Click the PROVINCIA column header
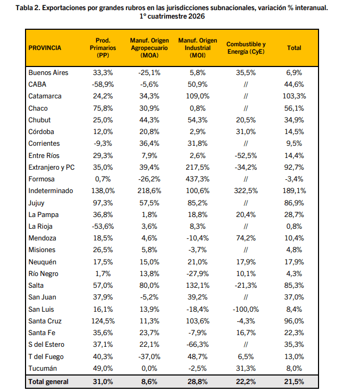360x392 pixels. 45,48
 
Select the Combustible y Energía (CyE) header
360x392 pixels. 246,48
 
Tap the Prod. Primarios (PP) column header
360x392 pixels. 103,48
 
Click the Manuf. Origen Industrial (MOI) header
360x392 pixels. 197,48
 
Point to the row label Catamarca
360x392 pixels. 45,96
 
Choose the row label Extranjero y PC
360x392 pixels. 52,167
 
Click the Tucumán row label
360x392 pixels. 43,368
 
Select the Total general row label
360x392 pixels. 48,382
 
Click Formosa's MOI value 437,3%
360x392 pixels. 197,179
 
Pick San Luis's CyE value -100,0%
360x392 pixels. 246,309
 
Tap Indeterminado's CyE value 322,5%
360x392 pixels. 246,191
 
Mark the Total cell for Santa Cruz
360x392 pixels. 294,321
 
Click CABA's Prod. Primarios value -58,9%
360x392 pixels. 103,84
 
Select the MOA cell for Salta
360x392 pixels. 149,285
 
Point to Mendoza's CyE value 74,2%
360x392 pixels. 246,238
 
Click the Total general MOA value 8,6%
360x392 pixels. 149,382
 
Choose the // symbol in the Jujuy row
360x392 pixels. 246,203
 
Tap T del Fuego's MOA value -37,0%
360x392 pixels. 149,356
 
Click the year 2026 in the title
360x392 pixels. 197,16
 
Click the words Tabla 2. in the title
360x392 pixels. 28,8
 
